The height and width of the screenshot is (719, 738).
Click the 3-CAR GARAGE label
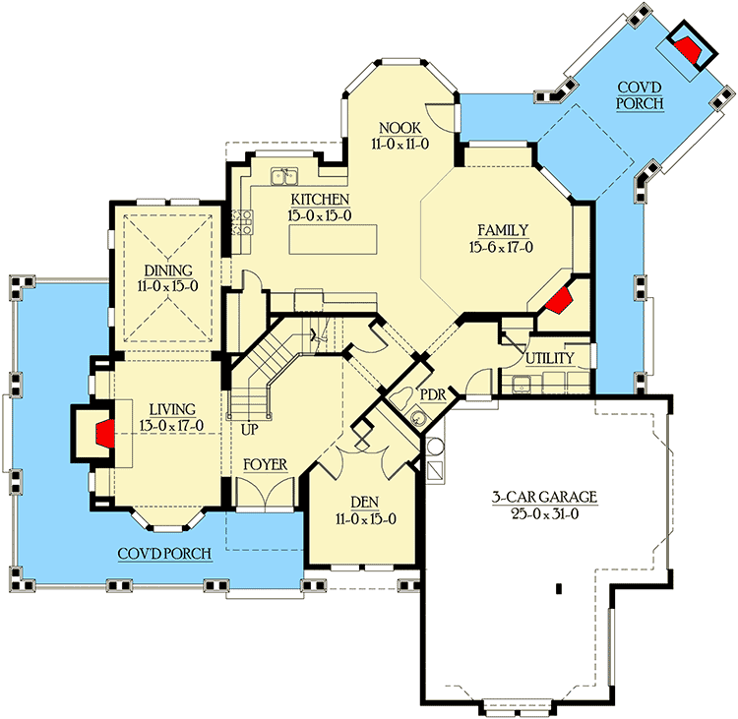[x=546, y=498]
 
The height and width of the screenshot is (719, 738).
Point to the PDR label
[x=433, y=392]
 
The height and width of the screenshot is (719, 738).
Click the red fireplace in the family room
[x=559, y=301]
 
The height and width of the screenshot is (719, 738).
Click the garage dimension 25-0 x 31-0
[x=546, y=514]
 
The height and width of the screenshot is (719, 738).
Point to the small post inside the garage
[x=558, y=589]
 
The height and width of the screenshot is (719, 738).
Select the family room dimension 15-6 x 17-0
[x=502, y=247]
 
